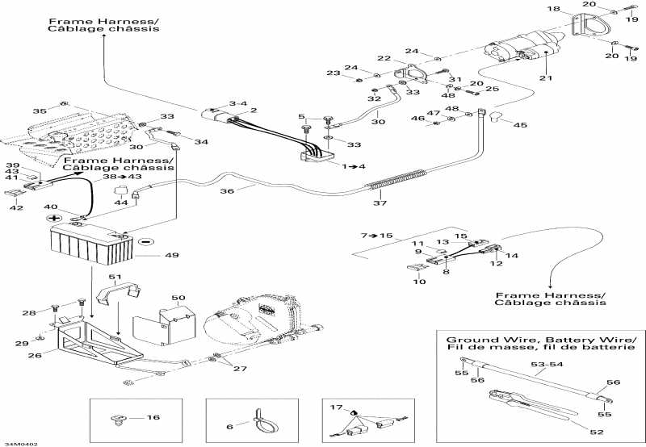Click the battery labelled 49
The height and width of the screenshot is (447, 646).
pos(91,246)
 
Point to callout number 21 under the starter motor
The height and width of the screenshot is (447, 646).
pos(547,77)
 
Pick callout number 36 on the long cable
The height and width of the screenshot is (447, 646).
pos(227,191)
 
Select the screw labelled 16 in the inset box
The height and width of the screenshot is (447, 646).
pos(116,420)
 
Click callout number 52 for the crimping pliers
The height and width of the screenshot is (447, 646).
pos(597,432)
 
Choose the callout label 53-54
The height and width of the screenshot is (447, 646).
pos(547,364)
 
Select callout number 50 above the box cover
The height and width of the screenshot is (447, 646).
pos(178,298)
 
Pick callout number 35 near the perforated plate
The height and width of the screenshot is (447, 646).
pos(40,111)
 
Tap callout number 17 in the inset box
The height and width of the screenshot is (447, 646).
pos(336,407)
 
